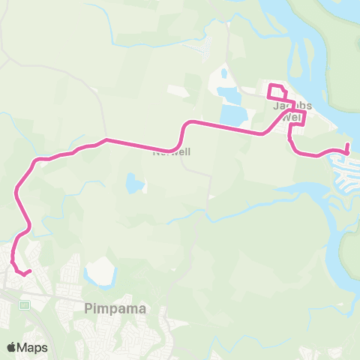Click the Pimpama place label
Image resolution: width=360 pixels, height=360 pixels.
pyautogui.click(x=114, y=308)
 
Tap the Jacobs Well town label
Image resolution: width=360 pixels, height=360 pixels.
pyautogui.click(x=292, y=112)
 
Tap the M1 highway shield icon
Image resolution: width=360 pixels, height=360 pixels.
pyautogui.click(x=24, y=304)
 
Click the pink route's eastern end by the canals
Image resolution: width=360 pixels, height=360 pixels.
pyautogui.click(x=347, y=145)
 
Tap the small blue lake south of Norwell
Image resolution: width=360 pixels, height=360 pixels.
pyautogui.click(x=134, y=184)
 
